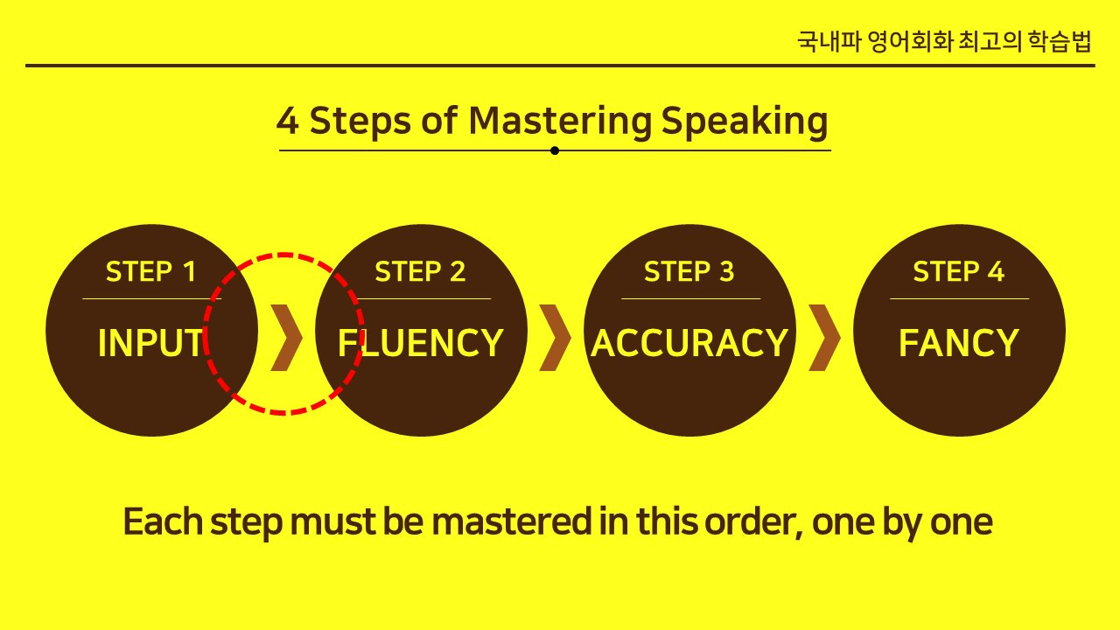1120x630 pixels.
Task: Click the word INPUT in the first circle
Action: (x=150, y=343)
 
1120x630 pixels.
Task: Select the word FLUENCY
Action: (x=421, y=343)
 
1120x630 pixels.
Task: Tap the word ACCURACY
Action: (x=689, y=343)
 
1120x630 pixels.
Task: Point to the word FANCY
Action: (x=959, y=343)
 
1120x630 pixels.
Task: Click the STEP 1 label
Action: (x=150, y=271)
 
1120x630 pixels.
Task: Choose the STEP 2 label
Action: (x=420, y=271)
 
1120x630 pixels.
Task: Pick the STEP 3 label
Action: (x=689, y=271)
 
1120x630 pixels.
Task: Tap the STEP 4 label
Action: (x=958, y=271)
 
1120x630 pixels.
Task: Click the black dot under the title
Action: (x=555, y=150)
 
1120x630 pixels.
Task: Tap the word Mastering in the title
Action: (x=560, y=122)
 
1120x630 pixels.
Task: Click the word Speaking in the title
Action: (x=745, y=122)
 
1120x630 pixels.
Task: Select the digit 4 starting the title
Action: (x=288, y=121)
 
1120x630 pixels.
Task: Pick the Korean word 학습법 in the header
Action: (x=1060, y=41)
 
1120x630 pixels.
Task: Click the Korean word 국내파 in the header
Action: (x=829, y=41)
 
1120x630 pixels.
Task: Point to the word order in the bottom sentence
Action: (x=754, y=522)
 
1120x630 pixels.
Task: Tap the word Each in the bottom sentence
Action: (x=163, y=521)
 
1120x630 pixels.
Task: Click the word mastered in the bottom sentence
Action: (x=512, y=521)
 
